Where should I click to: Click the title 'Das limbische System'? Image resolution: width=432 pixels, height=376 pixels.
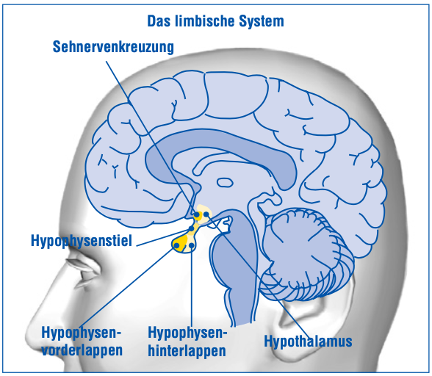[215, 21]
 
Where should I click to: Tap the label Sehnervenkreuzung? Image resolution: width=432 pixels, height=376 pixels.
[113, 46]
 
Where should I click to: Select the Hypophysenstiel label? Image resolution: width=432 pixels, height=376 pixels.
[82, 241]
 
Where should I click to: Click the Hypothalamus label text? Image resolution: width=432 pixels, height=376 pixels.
[308, 341]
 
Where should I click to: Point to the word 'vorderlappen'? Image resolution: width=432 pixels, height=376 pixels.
[82, 350]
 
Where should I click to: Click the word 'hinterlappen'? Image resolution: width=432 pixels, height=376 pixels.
[187, 350]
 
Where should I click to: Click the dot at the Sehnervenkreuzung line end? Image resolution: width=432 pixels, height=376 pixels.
[197, 214]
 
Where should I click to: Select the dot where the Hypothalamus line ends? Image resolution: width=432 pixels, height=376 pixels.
[206, 214]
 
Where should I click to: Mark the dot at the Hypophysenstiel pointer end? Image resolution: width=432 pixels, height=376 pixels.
[191, 228]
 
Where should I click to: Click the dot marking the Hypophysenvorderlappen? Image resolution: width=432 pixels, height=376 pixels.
[176, 245]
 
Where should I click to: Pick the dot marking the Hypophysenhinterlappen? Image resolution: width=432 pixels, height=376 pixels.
[192, 245]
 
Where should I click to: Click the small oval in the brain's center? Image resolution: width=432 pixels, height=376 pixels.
[225, 182]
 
